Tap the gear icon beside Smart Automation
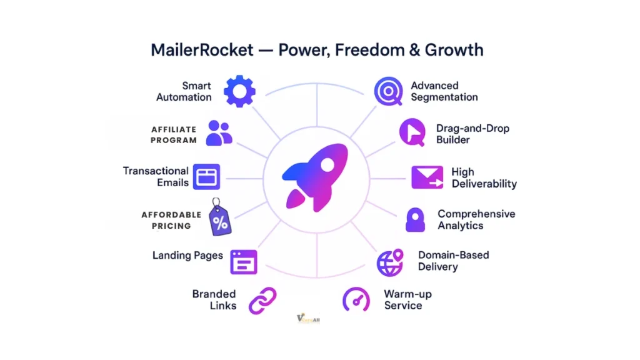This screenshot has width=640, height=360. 239,91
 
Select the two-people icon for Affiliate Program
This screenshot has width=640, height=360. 219,132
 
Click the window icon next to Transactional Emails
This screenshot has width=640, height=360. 207,177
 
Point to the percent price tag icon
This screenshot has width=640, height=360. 218,220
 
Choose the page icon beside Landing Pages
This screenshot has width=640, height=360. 244,262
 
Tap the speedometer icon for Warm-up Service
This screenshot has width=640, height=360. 356,299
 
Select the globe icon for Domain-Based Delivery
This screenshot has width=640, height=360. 390,262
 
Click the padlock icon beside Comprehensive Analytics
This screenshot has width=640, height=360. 415,220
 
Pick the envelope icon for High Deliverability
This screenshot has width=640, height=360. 426,177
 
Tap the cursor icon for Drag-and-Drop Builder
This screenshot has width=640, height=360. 412,132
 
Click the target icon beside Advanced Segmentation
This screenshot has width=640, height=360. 388,91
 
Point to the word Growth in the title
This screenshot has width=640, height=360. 455,49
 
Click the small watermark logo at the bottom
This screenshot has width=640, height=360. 308,318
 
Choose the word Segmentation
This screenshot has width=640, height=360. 444,97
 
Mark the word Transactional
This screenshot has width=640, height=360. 156,171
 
